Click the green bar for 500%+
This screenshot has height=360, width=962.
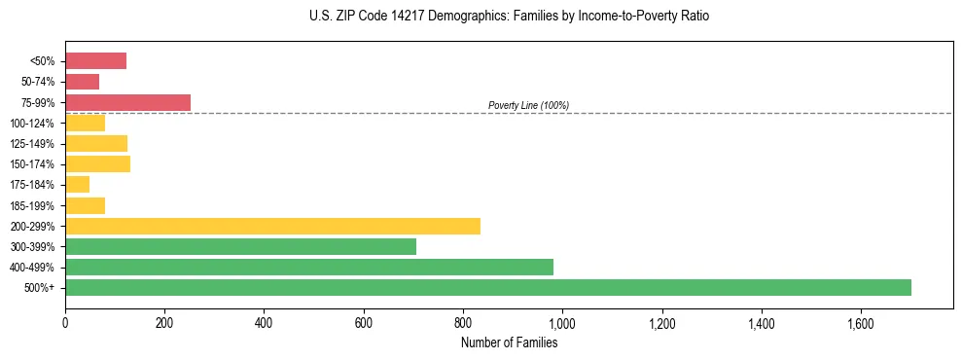[487, 287]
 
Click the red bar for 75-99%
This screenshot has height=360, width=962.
[127, 102]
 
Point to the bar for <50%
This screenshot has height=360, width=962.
[95, 61]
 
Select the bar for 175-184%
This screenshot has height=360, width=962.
[77, 185]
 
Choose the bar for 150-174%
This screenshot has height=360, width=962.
[97, 163]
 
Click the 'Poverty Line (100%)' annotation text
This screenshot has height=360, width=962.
[528, 105]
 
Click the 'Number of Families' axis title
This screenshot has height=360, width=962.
[509, 342]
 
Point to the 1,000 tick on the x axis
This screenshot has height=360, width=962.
[562, 323]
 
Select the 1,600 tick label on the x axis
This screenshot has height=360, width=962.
[861, 323]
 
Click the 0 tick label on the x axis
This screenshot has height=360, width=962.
[65, 323]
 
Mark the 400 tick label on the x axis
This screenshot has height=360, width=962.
[264, 323]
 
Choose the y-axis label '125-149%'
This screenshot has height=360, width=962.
[35, 144]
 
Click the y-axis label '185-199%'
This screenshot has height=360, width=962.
[35, 205]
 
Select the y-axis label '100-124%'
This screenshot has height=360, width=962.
[35, 124]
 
